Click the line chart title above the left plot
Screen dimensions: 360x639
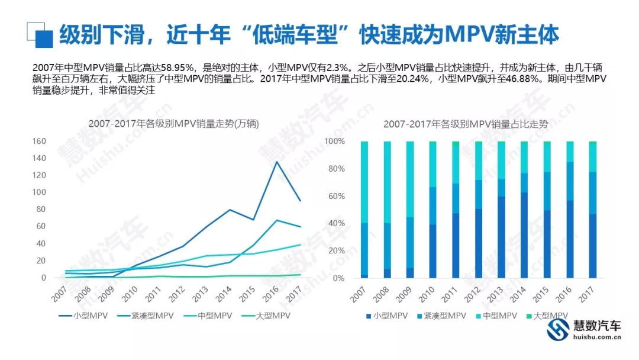tap(173, 124)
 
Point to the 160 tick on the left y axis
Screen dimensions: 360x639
tap(39, 142)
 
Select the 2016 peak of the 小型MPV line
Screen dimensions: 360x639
tap(277, 162)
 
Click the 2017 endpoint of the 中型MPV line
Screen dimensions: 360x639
tap(301, 245)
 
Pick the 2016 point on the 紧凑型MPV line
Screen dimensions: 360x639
tap(277, 220)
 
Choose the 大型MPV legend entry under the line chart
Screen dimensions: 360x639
tap(269, 316)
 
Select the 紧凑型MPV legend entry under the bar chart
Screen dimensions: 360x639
tap(444, 316)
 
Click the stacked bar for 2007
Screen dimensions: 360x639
tap(364, 210)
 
